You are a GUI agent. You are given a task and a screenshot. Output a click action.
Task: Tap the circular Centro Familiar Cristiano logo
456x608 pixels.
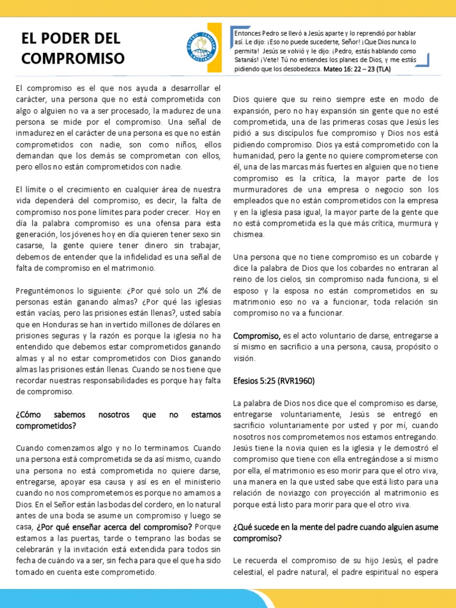point(202,45)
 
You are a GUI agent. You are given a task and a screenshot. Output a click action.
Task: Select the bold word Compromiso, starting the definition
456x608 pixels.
point(256,336)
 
